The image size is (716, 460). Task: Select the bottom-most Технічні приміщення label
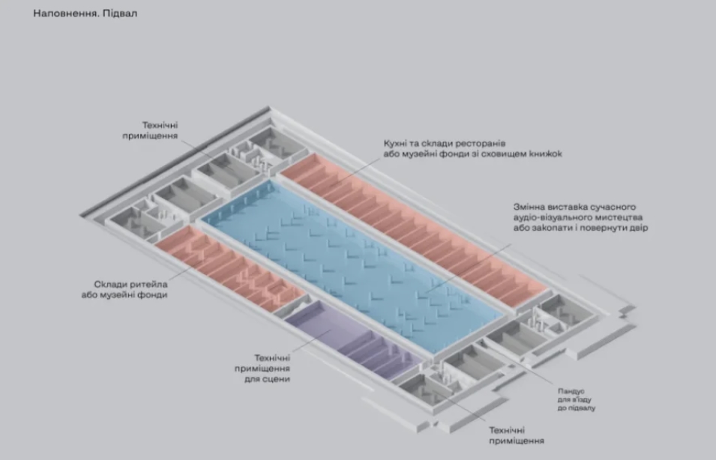tap(516, 436)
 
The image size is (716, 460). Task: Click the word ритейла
tap(147, 284)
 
